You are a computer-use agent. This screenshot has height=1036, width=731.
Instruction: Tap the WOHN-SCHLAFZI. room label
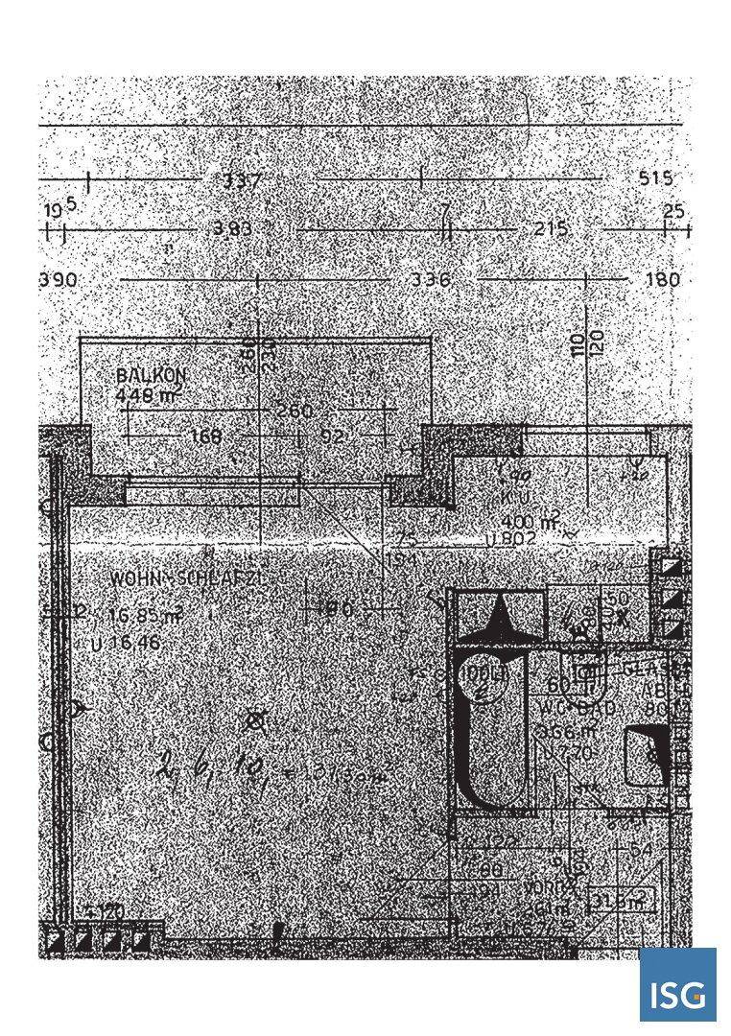click(186, 579)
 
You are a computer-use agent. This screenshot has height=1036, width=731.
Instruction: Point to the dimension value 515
click(655, 179)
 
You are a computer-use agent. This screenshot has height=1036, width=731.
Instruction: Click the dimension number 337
click(241, 180)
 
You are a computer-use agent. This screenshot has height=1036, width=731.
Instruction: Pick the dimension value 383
click(233, 230)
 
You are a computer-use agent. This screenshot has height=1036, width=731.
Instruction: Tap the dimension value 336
click(430, 280)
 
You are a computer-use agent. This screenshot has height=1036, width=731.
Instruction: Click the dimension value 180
click(663, 280)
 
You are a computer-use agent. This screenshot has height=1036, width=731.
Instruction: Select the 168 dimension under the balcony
click(205, 436)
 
